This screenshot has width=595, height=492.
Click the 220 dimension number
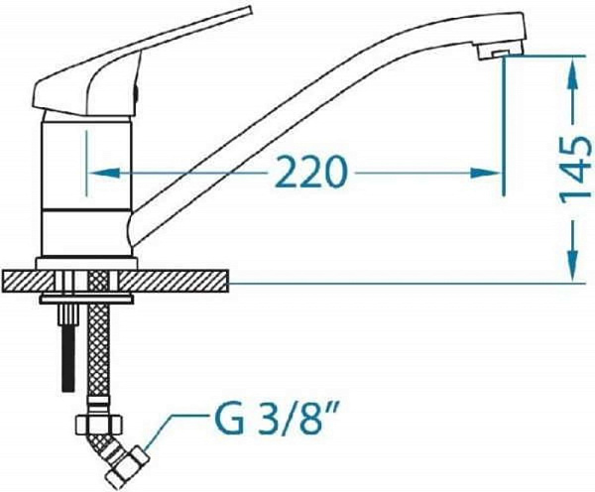click(x=310, y=172)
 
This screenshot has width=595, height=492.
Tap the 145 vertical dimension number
click(x=575, y=168)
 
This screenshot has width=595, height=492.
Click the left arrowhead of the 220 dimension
click(x=104, y=174)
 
